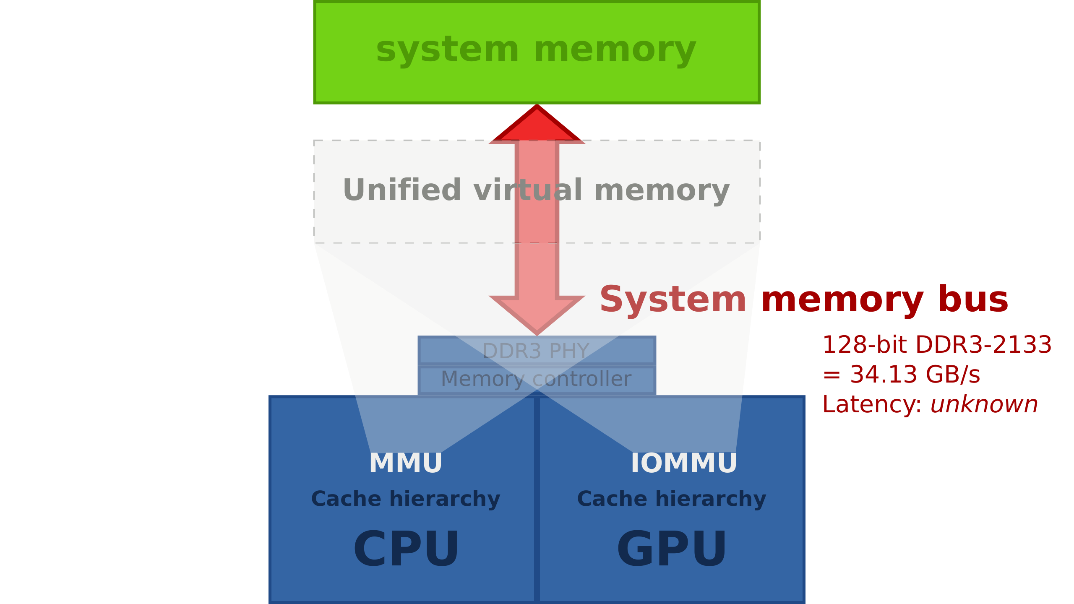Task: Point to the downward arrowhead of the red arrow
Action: click(x=537, y=315)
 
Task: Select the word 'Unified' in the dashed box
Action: click(x=402, y=190)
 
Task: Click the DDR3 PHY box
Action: click(x=537, y=351)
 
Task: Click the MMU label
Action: click(x=405, y=463)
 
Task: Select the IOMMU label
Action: click(x=684, y=463)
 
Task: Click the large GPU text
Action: click(x=671, y=549)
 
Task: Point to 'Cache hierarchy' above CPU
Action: click(x=406, y=499)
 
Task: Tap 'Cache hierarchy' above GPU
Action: click(x=671, y=499)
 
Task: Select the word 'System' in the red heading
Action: click(x=673, y=299)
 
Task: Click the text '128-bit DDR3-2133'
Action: click(x=937, y=345)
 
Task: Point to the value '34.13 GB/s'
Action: click(x=915, y=375)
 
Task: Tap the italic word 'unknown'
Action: click(x=984, y=405)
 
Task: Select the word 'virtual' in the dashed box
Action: click(x=528, y=190)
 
